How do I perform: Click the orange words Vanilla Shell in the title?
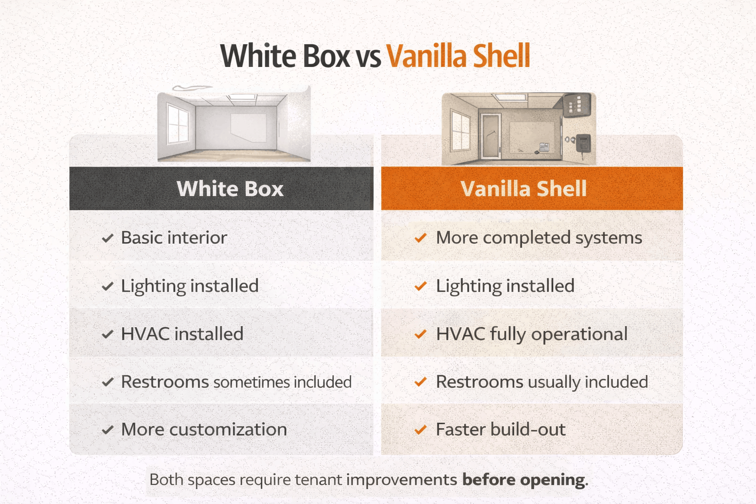(458, 56)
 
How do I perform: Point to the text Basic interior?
(174, 238)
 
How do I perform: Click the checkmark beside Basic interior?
(108, 239)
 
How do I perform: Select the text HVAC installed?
(182, 334)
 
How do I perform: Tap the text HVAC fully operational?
(532, 334)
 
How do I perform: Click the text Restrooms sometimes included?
(236, 382)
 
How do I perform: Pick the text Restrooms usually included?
(542, 382)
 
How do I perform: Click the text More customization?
(204, 430)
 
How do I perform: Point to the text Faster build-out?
(501, 430)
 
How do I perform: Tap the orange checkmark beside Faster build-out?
(420, 430)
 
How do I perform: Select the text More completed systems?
(539, 238)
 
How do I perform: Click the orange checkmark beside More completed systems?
(420, 239)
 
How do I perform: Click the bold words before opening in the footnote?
(525, 480)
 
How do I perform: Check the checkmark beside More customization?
(108, 430)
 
